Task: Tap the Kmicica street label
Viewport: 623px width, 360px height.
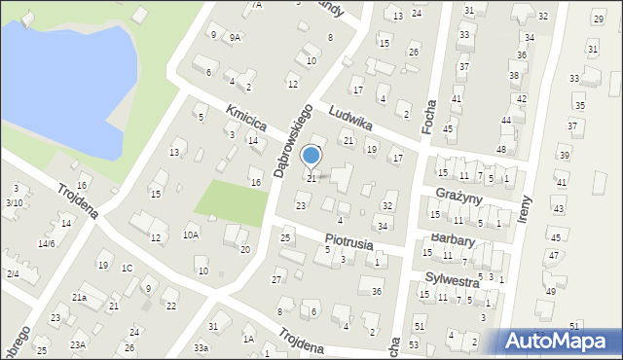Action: [x=246, y=119]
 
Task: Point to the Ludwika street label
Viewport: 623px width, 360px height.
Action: [x=351, y=119]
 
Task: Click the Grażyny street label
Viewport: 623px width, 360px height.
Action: [x=460, y=197]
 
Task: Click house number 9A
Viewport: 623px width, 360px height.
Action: [x=235, y=37]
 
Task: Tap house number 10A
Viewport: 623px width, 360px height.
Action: [x=191, y=234]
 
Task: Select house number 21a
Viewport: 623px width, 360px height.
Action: [x=79, y=297]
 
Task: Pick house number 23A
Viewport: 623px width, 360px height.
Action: [x=77, y=344]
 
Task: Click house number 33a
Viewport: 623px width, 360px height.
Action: [x=201, y=347]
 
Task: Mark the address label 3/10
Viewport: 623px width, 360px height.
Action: [x=14, y=202]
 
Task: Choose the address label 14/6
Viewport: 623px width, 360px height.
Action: [x=46, y=243]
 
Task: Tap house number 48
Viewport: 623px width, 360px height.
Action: [x=500, y=149]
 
